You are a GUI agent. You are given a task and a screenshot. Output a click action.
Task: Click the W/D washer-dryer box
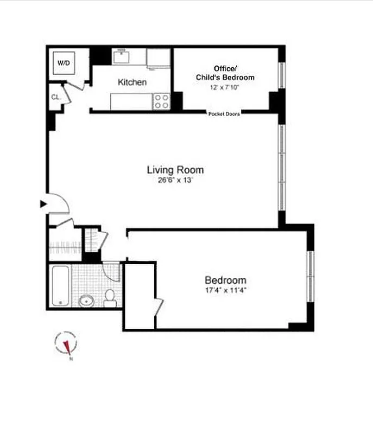[x=64, y=63]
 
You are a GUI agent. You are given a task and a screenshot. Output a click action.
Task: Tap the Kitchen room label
[x=132, y=82]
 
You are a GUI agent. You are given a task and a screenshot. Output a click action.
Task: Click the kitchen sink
[x=121, y=56]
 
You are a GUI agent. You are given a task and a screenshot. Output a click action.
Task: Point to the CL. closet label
[x=55, y=97]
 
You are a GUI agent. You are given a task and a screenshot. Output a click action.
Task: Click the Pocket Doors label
[x=224, y=114]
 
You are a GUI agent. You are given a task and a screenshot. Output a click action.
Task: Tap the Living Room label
[x=175, y=170]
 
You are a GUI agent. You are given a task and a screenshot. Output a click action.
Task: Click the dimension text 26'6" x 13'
[x=175, y=181]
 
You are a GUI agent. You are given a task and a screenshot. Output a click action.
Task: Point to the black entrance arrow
[x=43, y=204]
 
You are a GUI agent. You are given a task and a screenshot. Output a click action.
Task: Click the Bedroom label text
[x=225, y=280]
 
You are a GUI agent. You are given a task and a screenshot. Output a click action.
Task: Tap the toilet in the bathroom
[x=110, y=298]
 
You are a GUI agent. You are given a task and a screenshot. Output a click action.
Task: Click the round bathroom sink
[x=86, y=301]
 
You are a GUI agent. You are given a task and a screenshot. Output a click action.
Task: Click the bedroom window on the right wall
[x=310, y=277]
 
